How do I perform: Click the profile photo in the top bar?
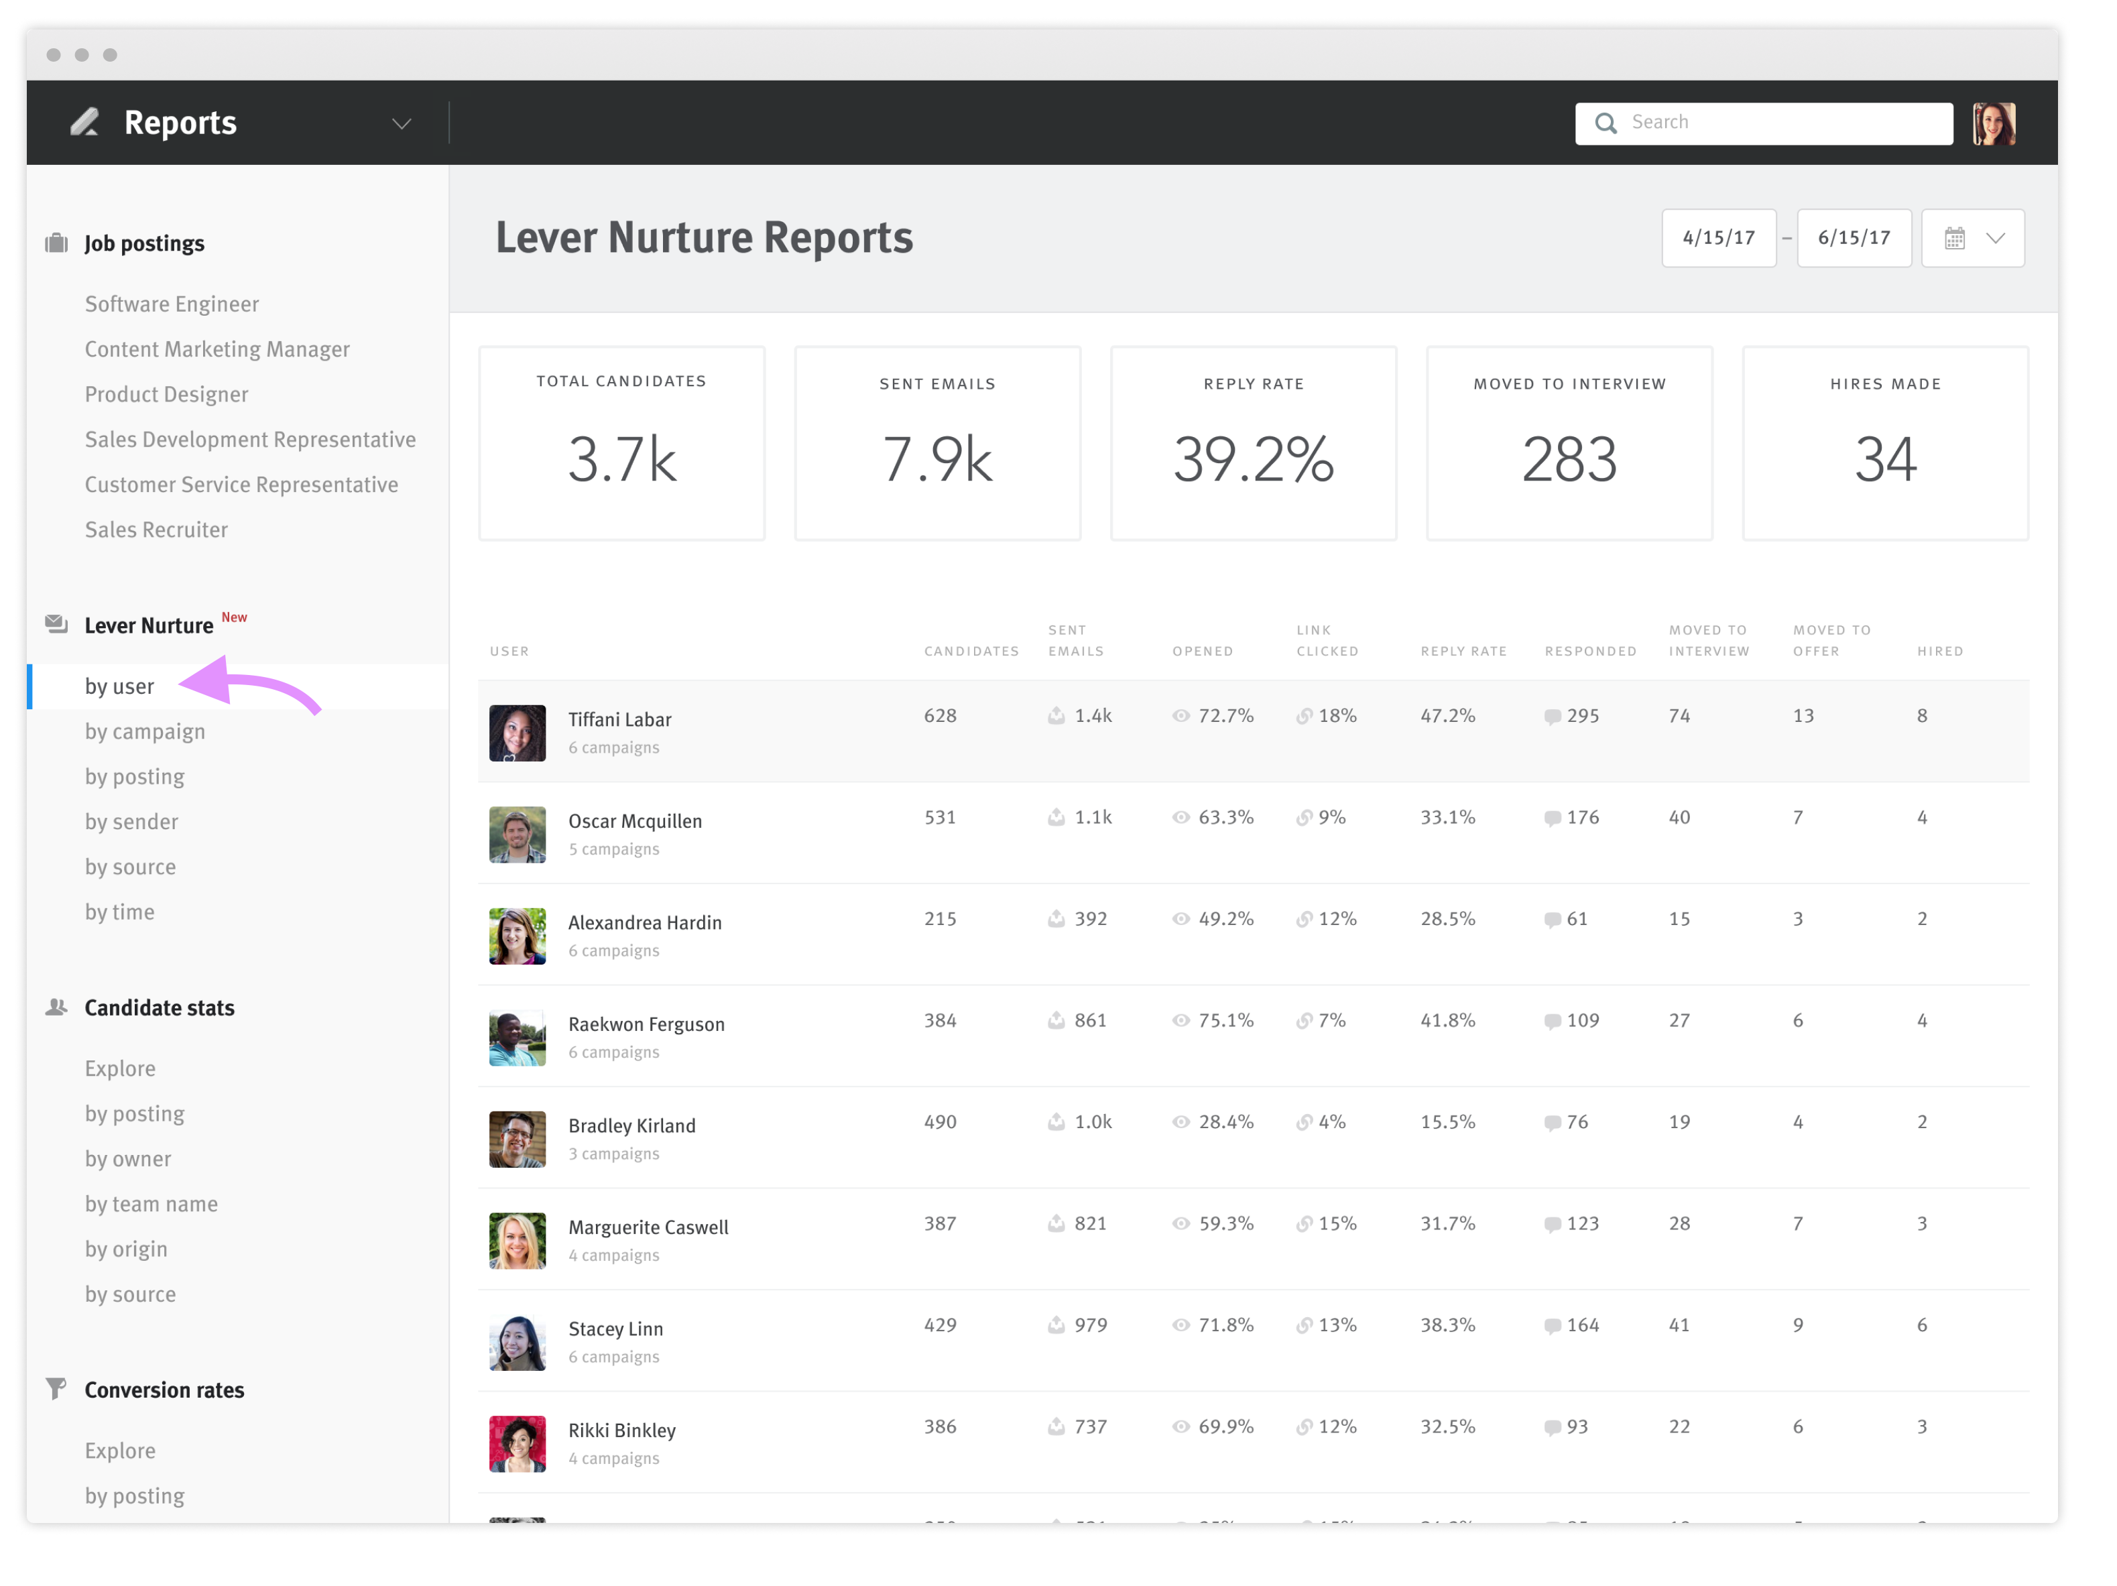pyautogui.click(x=1994, y=123)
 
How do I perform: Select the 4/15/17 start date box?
pyautogui.click(x=1718, y=237)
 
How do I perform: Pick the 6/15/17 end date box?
pyautogui.click(x=1853, y=237)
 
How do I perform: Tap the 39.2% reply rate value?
pyautogui.click(x=1253, y=459)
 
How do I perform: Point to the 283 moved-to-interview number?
pyautogui.click(x=1569, y=459)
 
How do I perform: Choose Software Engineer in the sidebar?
pyautogui.click(x=172, y=304)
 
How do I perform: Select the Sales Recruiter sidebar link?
pyautogui.click(x=156, y=530)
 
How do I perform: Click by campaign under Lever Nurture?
pyautogui.click(x=145, y=732)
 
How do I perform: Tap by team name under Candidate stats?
pyautogui.click(x=152, y=1204)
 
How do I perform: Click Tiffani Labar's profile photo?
pyautogui.click(x=517, y=733)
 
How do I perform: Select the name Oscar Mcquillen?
pyautogui.click(x=635, y=821)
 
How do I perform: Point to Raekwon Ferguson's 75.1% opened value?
pyautogui.click(x=1225, y=1020)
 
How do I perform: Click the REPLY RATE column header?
pyautogui.click(x=1462, y=651)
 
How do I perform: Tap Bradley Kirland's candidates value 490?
pyautogui.click(x=939, y=1121)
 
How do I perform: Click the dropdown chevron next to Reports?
pyautogui.click(x=401, y=123)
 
